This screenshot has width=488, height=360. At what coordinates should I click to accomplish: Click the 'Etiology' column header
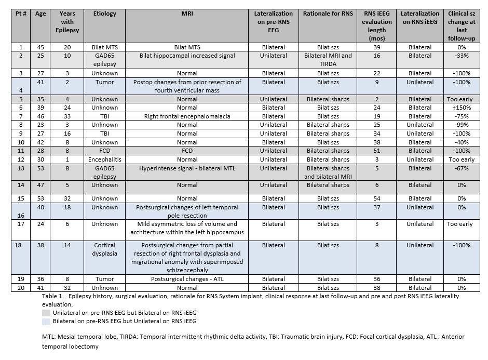(x=105, y=14)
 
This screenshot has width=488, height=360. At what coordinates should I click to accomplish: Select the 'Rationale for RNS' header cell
(x=328, y=14)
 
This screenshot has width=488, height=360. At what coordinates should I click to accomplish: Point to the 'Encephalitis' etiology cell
(x=105, y=159)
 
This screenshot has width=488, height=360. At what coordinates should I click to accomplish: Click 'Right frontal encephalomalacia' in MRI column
(x=187, y=116)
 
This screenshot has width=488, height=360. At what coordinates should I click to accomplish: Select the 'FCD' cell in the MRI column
(x=187, y=151)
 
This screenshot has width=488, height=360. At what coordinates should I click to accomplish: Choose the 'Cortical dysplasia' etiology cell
(x=105, y=249)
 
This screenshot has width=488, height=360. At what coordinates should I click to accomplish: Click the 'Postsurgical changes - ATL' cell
(x=187, y=279)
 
